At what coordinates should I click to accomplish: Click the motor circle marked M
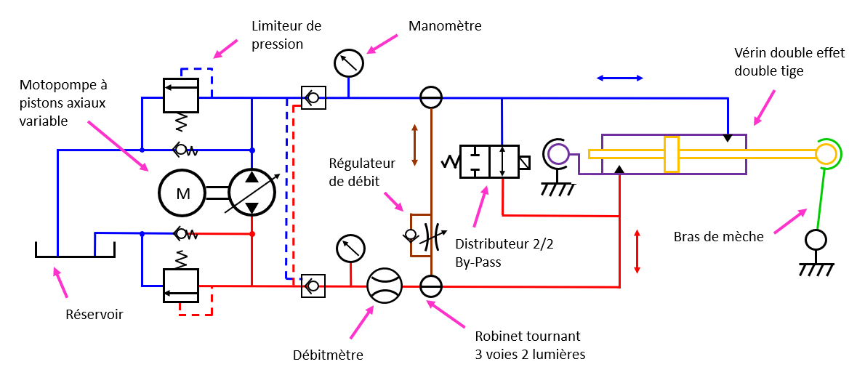183,193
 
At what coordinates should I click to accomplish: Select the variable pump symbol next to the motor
252,193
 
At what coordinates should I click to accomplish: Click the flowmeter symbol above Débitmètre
384,286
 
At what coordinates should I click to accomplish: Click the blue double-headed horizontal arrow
619,78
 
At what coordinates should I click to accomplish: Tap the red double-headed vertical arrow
637,251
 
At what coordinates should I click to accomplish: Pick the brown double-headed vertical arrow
414,145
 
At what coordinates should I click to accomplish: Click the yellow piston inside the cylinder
672,154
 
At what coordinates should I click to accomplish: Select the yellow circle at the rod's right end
826,153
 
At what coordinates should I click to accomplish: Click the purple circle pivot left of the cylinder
558,153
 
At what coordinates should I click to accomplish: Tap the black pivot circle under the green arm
816,240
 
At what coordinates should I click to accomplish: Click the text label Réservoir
94,315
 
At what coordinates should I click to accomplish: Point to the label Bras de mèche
719,236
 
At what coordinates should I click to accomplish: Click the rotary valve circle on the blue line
431,97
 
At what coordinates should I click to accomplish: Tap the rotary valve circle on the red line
431,286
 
